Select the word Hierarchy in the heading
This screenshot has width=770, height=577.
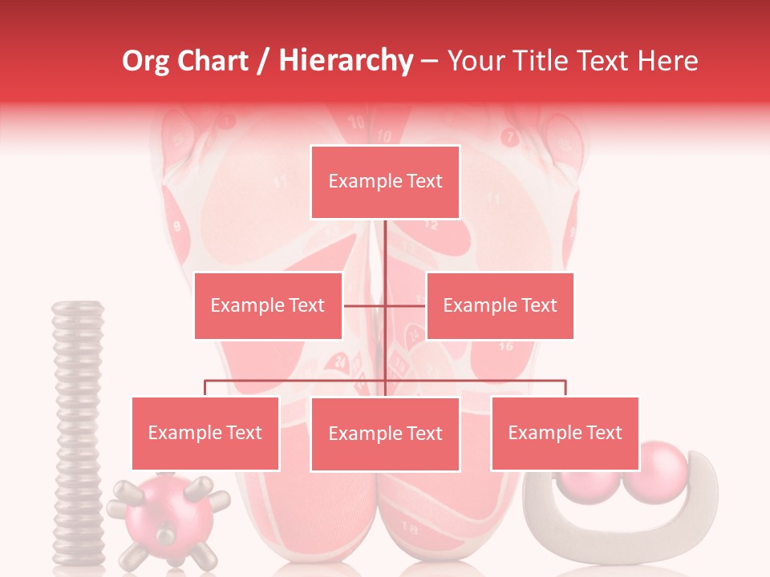point(345,61)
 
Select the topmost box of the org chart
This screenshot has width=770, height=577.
point(385,182)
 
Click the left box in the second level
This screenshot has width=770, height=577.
point(268,305)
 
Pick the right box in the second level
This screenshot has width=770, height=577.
point(500,305)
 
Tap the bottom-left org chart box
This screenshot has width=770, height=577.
point(205,433)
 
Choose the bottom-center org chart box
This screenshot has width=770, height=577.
point(385,434)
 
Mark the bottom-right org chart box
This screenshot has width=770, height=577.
point(565,433)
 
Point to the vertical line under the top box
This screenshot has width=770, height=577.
point(385,248)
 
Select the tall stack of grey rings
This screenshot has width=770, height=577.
point(78,433)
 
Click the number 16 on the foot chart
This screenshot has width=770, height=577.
point(505,346)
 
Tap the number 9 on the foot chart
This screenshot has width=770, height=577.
point(176,226)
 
